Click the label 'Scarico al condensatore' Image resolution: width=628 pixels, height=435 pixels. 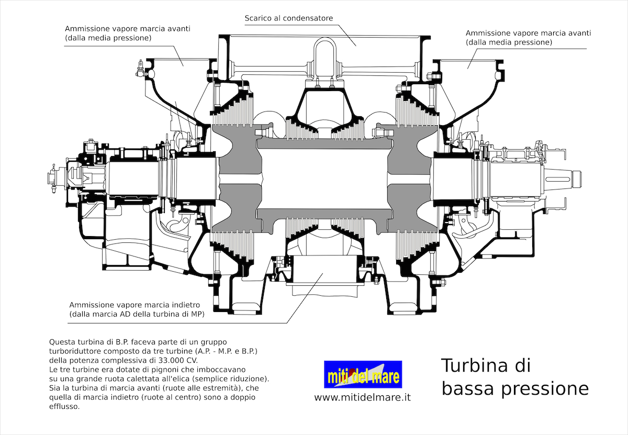coord(289,18)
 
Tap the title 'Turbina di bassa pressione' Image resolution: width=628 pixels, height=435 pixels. coord(515,377)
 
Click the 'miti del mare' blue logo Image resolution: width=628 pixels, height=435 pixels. coord(363,374)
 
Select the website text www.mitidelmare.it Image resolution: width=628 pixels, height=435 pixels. coord(363,397)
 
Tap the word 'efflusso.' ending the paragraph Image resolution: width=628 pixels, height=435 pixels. coord(64,406)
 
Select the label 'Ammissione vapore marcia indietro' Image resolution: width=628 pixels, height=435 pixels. coord(134,305)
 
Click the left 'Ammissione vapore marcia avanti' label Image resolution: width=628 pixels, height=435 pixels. coord(128,29)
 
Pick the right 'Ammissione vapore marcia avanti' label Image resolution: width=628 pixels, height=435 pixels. coord(529,33)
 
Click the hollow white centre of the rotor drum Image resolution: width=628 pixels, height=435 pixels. coord(324,179)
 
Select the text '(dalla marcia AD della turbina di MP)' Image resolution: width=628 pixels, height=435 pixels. coord(137,314)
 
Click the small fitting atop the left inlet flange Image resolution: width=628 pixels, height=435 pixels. coord(140,68)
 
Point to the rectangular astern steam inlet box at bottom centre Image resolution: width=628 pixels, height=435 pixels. coord(324,269)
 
